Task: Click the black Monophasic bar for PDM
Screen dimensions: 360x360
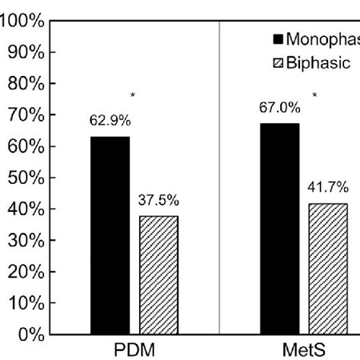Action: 110,235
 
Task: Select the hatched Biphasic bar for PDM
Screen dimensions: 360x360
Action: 159,275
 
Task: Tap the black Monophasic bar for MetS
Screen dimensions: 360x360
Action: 279,229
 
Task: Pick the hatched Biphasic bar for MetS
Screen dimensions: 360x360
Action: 328,268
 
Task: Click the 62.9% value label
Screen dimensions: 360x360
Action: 110,119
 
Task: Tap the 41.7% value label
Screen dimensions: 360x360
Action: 328,187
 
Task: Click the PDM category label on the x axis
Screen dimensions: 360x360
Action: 134,350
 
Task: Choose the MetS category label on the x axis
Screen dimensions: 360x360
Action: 304,350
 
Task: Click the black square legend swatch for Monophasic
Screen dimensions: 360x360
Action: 277,37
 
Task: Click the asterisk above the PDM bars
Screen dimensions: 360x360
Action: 134,96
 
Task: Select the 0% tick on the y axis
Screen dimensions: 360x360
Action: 27,335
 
